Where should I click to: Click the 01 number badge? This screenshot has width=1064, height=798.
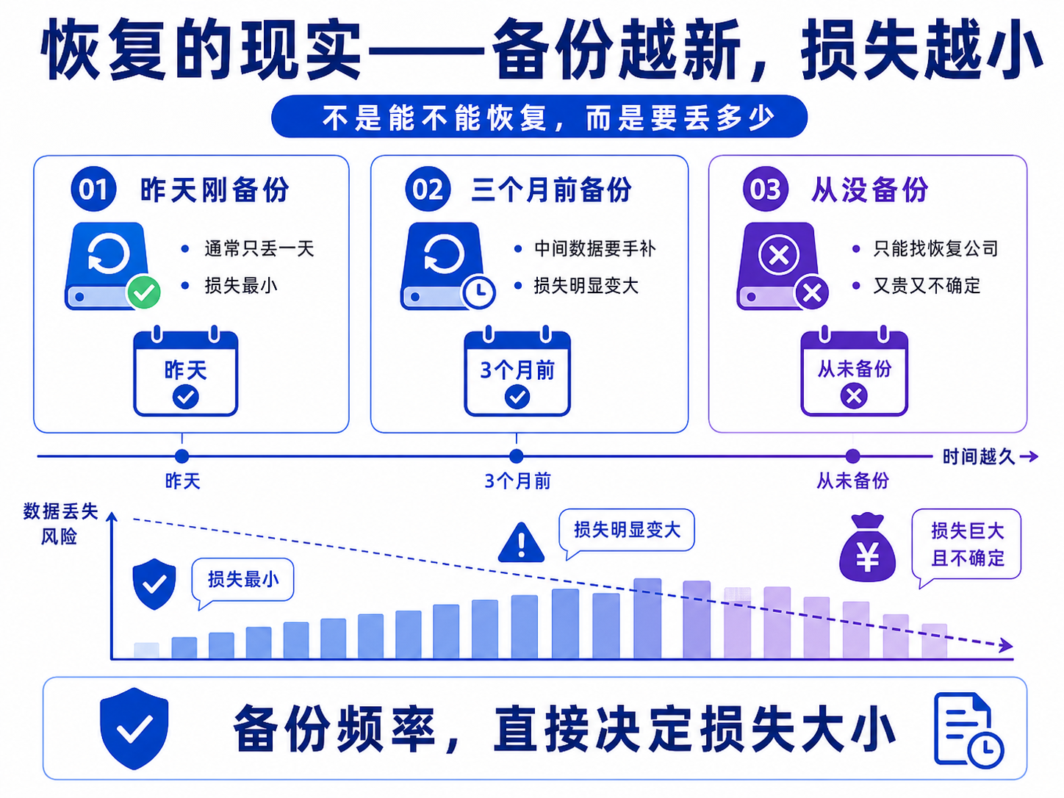tap(93, 189)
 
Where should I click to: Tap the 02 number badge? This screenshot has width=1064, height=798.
tap(428, 189)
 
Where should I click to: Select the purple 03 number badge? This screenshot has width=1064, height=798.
tap(766, 189)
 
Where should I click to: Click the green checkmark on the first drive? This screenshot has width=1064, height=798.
tap(143, 292)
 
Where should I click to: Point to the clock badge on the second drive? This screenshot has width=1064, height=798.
tap(479, 292)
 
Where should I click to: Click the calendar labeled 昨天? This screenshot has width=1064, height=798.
tap(186, 370)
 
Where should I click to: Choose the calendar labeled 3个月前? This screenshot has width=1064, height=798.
tap(517, 370)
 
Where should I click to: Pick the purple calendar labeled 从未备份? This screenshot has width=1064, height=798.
tap(854, 370)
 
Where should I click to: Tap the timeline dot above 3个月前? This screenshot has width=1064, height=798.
tap(517, 456)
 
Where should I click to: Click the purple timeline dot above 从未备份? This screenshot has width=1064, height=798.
tap(852, 456)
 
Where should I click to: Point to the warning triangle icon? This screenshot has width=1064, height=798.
tap(521, 543)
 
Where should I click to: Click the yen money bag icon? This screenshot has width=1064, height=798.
tap(867, 547)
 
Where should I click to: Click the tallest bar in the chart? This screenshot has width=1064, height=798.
tap(647, 618)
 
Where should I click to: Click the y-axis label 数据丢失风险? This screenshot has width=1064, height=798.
tap(60, 524)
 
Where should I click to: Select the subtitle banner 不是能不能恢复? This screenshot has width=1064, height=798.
tap(539, 117)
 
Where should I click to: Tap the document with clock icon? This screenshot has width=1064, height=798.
tap(968, 730)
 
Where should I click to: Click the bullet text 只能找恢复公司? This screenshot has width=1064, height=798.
tap(935, 248)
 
